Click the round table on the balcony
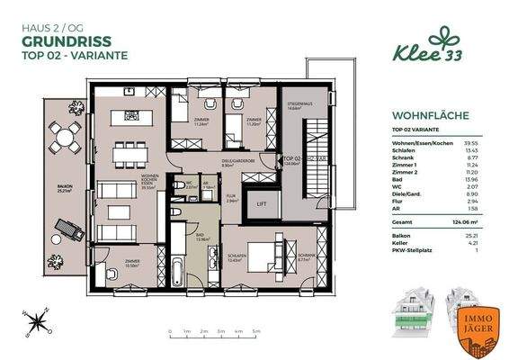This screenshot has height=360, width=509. (x=64, y=139)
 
